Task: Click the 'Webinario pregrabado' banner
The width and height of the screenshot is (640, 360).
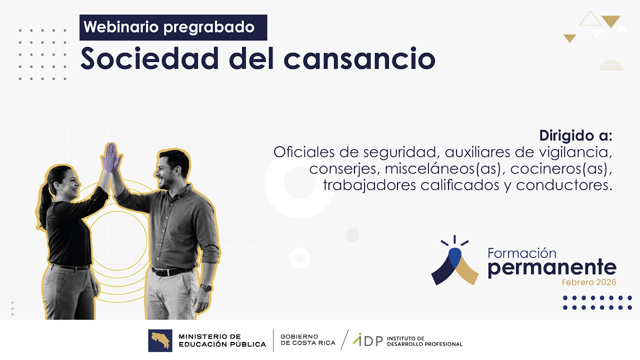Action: pos(173,27)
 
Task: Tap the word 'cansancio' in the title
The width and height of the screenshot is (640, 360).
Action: pos(359,59)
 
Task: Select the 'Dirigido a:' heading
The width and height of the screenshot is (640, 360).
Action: pos(575,135)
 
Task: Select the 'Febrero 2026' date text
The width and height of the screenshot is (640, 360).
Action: pos(588,282)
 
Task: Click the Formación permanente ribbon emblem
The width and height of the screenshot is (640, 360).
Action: pos(454,262)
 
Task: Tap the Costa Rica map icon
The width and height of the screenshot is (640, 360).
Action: pos(160,340)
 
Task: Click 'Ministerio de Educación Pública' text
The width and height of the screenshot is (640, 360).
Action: pos(222,340)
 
